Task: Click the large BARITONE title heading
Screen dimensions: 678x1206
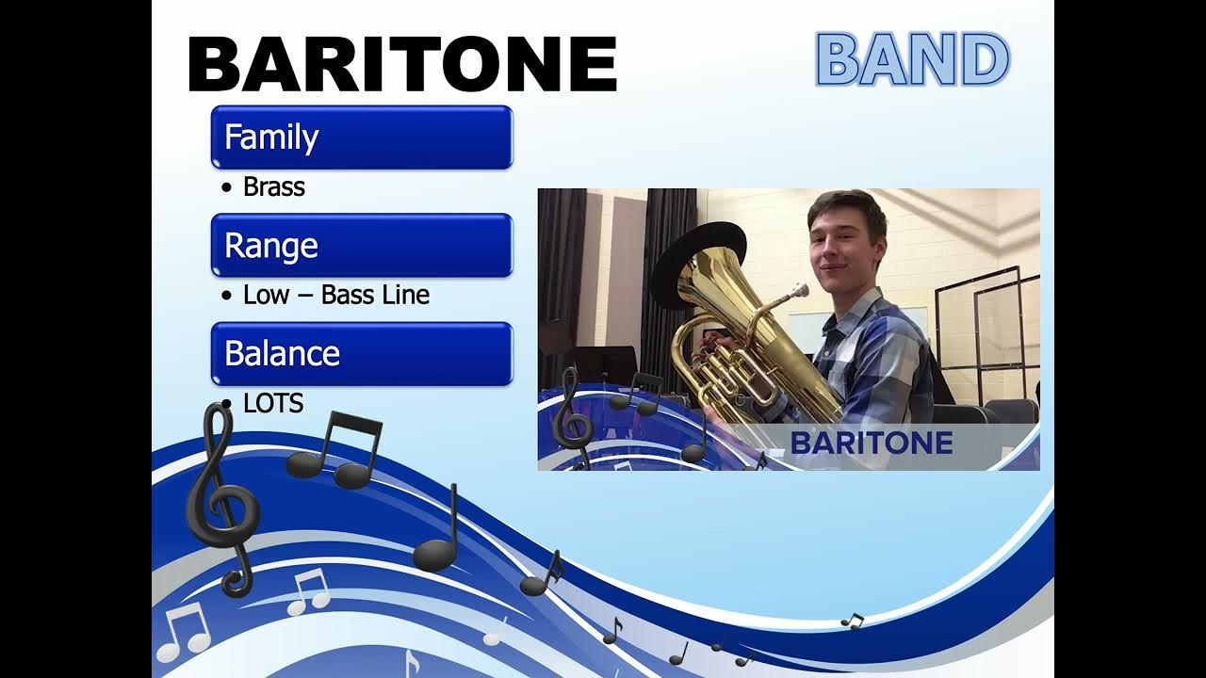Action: coord(402,65)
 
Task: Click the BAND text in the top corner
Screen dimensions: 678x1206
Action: coord(911,60)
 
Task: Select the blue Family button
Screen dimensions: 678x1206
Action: coord(361,137)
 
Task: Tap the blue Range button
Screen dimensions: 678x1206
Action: coord(361,246)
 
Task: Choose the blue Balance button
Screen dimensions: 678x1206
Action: coord(361,354)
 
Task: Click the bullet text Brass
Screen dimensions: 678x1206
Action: coord(273,187)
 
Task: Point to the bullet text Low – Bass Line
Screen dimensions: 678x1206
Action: coord(335,296)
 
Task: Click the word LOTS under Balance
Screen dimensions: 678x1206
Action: coord(272,404)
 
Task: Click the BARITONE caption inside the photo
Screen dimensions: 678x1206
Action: coord(871,444)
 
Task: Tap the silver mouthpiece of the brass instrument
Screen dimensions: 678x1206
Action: coord(798,290)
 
